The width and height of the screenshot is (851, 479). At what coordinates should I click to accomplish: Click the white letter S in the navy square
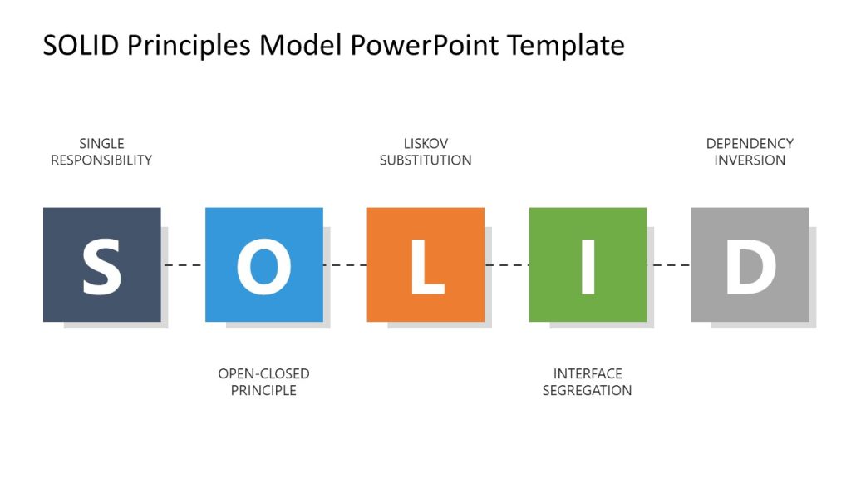(101, 266)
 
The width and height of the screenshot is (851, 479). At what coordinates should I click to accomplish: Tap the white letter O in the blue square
(263, 266)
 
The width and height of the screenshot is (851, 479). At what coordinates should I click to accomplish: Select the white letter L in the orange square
(426, 266)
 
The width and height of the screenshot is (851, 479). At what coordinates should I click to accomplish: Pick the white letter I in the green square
(588, 266)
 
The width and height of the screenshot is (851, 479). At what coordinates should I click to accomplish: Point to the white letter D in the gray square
(750, 266)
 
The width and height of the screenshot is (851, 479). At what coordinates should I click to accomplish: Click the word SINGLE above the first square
(101, 144)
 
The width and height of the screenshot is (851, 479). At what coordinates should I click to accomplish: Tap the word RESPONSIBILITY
(101, 160)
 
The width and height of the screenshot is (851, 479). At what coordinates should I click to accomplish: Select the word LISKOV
(425, 144)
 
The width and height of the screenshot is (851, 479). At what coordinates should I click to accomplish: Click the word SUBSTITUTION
(425, 160)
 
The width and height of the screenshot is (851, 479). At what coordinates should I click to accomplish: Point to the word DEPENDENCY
(750, 144)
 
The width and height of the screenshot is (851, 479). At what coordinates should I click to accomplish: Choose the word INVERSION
(750, 160)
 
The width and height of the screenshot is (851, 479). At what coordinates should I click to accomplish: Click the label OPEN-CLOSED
(263, 374)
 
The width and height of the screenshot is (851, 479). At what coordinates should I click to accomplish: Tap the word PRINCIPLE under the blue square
(263, 390)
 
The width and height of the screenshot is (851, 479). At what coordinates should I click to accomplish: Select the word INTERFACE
(588, 374)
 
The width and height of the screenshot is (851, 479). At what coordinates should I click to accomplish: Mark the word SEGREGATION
(588, 390)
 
